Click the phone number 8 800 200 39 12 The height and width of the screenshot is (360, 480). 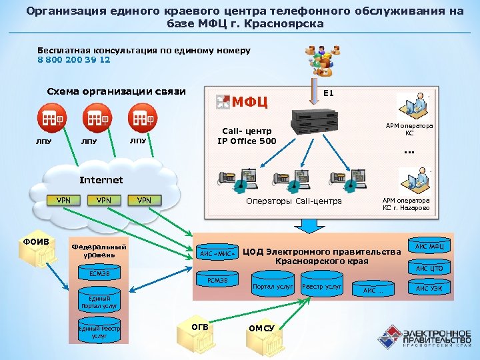point(74,59)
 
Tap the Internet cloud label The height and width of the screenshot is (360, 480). point(101,180)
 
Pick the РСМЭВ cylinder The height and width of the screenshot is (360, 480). point(217,280)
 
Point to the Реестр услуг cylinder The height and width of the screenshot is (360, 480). point(323,287)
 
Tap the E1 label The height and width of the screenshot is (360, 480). point(328,93)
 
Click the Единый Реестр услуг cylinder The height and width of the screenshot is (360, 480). point(99,332)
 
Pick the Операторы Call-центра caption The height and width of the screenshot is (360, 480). point(293,201)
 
